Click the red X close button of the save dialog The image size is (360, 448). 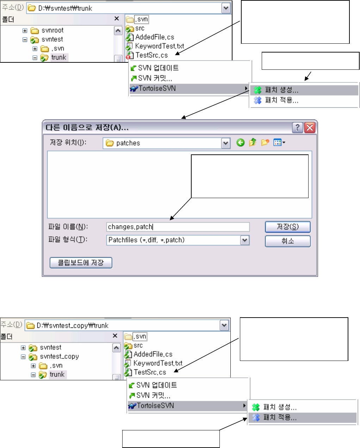(x=310, y=127)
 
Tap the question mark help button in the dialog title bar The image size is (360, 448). (x=298, y=127)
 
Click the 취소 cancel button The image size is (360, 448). (x=287, y=241)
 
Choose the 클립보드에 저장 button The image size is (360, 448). (x=81, y=263)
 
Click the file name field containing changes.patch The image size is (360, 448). (x=178, y=227)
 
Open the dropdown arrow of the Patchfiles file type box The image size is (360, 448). (x=245, y=240)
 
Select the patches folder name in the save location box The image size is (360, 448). (x=128, y=143)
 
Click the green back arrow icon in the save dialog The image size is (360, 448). (x=241, y=142)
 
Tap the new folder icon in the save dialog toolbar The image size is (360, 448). (x=265, y=142)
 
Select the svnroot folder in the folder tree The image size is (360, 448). (x=52, y=30)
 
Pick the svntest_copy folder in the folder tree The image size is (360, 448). (x=59, y=356)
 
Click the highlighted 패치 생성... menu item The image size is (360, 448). (x=281, y=90)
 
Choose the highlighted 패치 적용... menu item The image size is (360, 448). (x=280, y=418)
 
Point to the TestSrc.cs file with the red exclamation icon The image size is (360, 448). (x=151, y=55)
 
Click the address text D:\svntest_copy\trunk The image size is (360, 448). (x=73, y=325)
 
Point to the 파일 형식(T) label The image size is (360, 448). (x=68, y=240)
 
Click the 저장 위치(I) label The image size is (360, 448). (x=68, y=142)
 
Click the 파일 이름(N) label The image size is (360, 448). (x=68, y=227)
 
